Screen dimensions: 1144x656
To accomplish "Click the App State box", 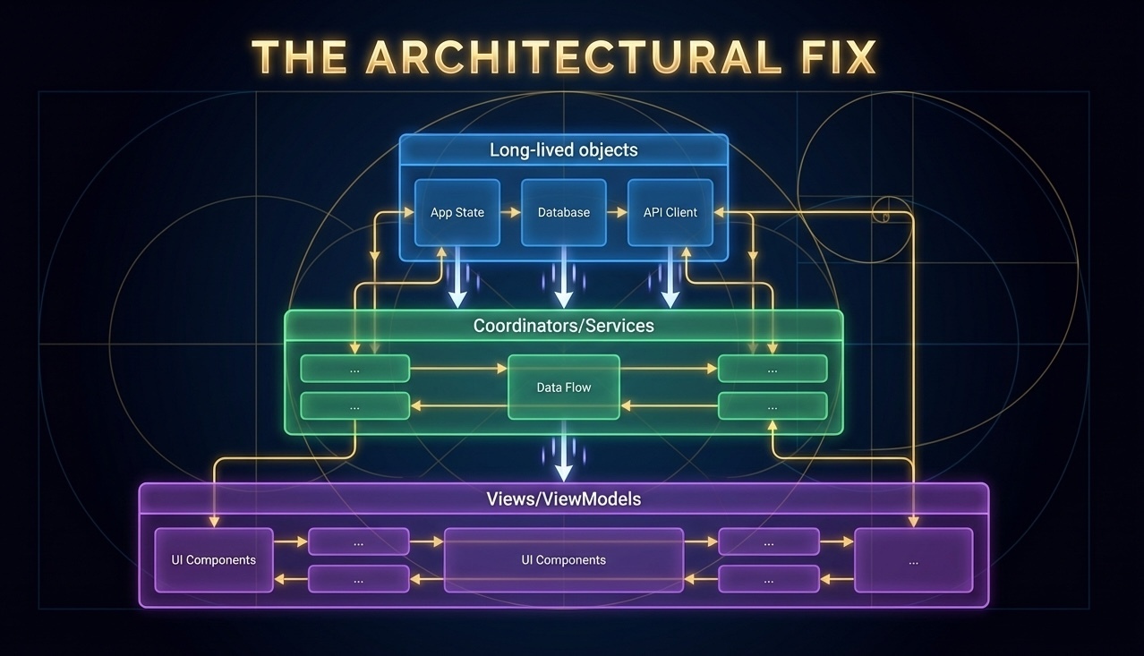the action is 457,212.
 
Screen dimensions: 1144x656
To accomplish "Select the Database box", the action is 564,212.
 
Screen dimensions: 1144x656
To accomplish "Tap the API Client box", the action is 670,212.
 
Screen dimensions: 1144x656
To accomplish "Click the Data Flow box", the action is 564,388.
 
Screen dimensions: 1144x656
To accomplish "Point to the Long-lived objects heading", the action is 564,150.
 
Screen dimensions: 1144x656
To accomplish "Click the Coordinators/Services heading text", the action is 564,326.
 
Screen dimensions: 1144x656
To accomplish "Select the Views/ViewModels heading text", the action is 564,498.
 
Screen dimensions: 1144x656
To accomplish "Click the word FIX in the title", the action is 839,56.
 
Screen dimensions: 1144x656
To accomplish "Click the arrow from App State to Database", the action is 510,212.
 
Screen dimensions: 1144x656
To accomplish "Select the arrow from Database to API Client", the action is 617,212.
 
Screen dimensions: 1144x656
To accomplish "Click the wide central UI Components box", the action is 564,560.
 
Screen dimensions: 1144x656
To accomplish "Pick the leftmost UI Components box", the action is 214,560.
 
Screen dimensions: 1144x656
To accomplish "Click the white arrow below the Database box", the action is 564,277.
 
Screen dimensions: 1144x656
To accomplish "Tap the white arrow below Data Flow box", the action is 564,451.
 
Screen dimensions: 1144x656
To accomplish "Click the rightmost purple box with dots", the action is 914,560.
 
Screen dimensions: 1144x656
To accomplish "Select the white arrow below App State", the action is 457,277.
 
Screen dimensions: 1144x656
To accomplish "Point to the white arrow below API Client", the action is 670,277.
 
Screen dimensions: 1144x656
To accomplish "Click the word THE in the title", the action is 300,56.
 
